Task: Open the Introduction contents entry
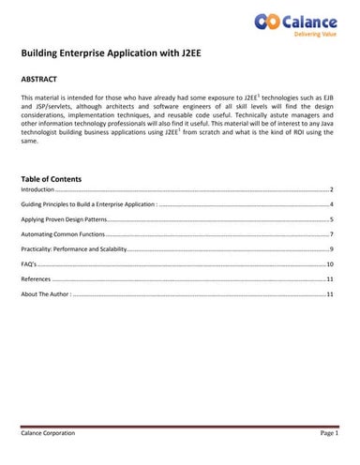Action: tap(38, 188)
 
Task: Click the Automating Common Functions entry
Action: tap(63, 233)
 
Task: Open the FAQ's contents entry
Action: tap(31, 264)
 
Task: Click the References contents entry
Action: tap(37, 279)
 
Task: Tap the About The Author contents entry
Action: tap(46, 294)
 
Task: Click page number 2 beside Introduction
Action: tap(333, 188)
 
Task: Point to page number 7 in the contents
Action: tap(333, 233)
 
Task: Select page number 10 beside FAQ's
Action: tap(330, 264)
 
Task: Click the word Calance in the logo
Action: tap(309, 19)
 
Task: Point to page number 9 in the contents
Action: tap(333, 248)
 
